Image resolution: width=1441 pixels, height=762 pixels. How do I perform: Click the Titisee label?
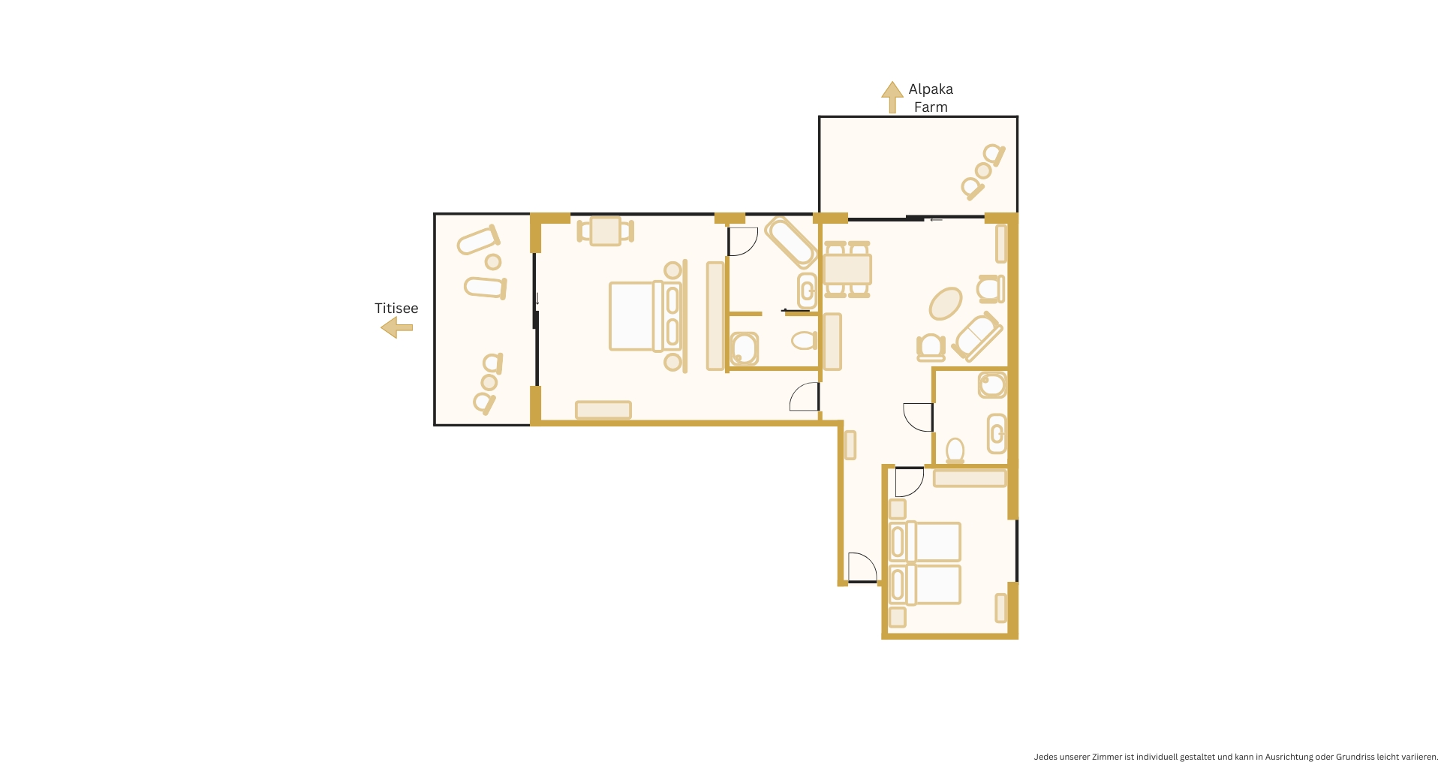[396, 309]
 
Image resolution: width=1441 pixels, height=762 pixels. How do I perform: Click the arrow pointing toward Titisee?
[396, 327]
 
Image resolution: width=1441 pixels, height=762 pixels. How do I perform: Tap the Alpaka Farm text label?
[931, 98]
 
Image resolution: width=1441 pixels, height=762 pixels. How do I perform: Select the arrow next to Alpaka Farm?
[892, 97]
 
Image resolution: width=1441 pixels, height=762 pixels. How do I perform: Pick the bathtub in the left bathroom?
[790, 242]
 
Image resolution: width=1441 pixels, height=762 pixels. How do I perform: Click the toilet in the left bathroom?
[804, 341]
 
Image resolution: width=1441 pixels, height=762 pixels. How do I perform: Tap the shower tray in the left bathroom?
[745, 348]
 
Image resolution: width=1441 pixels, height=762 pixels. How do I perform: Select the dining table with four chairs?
[847, 269]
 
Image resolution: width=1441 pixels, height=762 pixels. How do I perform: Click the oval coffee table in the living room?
[946, 303]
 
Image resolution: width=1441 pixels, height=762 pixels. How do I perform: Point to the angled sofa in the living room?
[977, 336]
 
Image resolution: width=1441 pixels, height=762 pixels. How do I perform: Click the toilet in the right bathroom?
[955, 450]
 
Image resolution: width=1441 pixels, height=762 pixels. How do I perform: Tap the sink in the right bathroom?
[996, 433]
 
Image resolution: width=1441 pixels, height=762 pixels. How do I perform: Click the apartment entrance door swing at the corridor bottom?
[862, 567]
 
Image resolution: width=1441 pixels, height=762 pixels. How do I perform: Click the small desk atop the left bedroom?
[606, 230]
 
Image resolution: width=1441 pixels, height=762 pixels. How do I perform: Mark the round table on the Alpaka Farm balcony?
[983, 171]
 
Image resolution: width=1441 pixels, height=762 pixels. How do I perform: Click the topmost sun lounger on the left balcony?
[478, 240]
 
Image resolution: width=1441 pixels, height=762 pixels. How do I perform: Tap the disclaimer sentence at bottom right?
[1235, 756]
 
